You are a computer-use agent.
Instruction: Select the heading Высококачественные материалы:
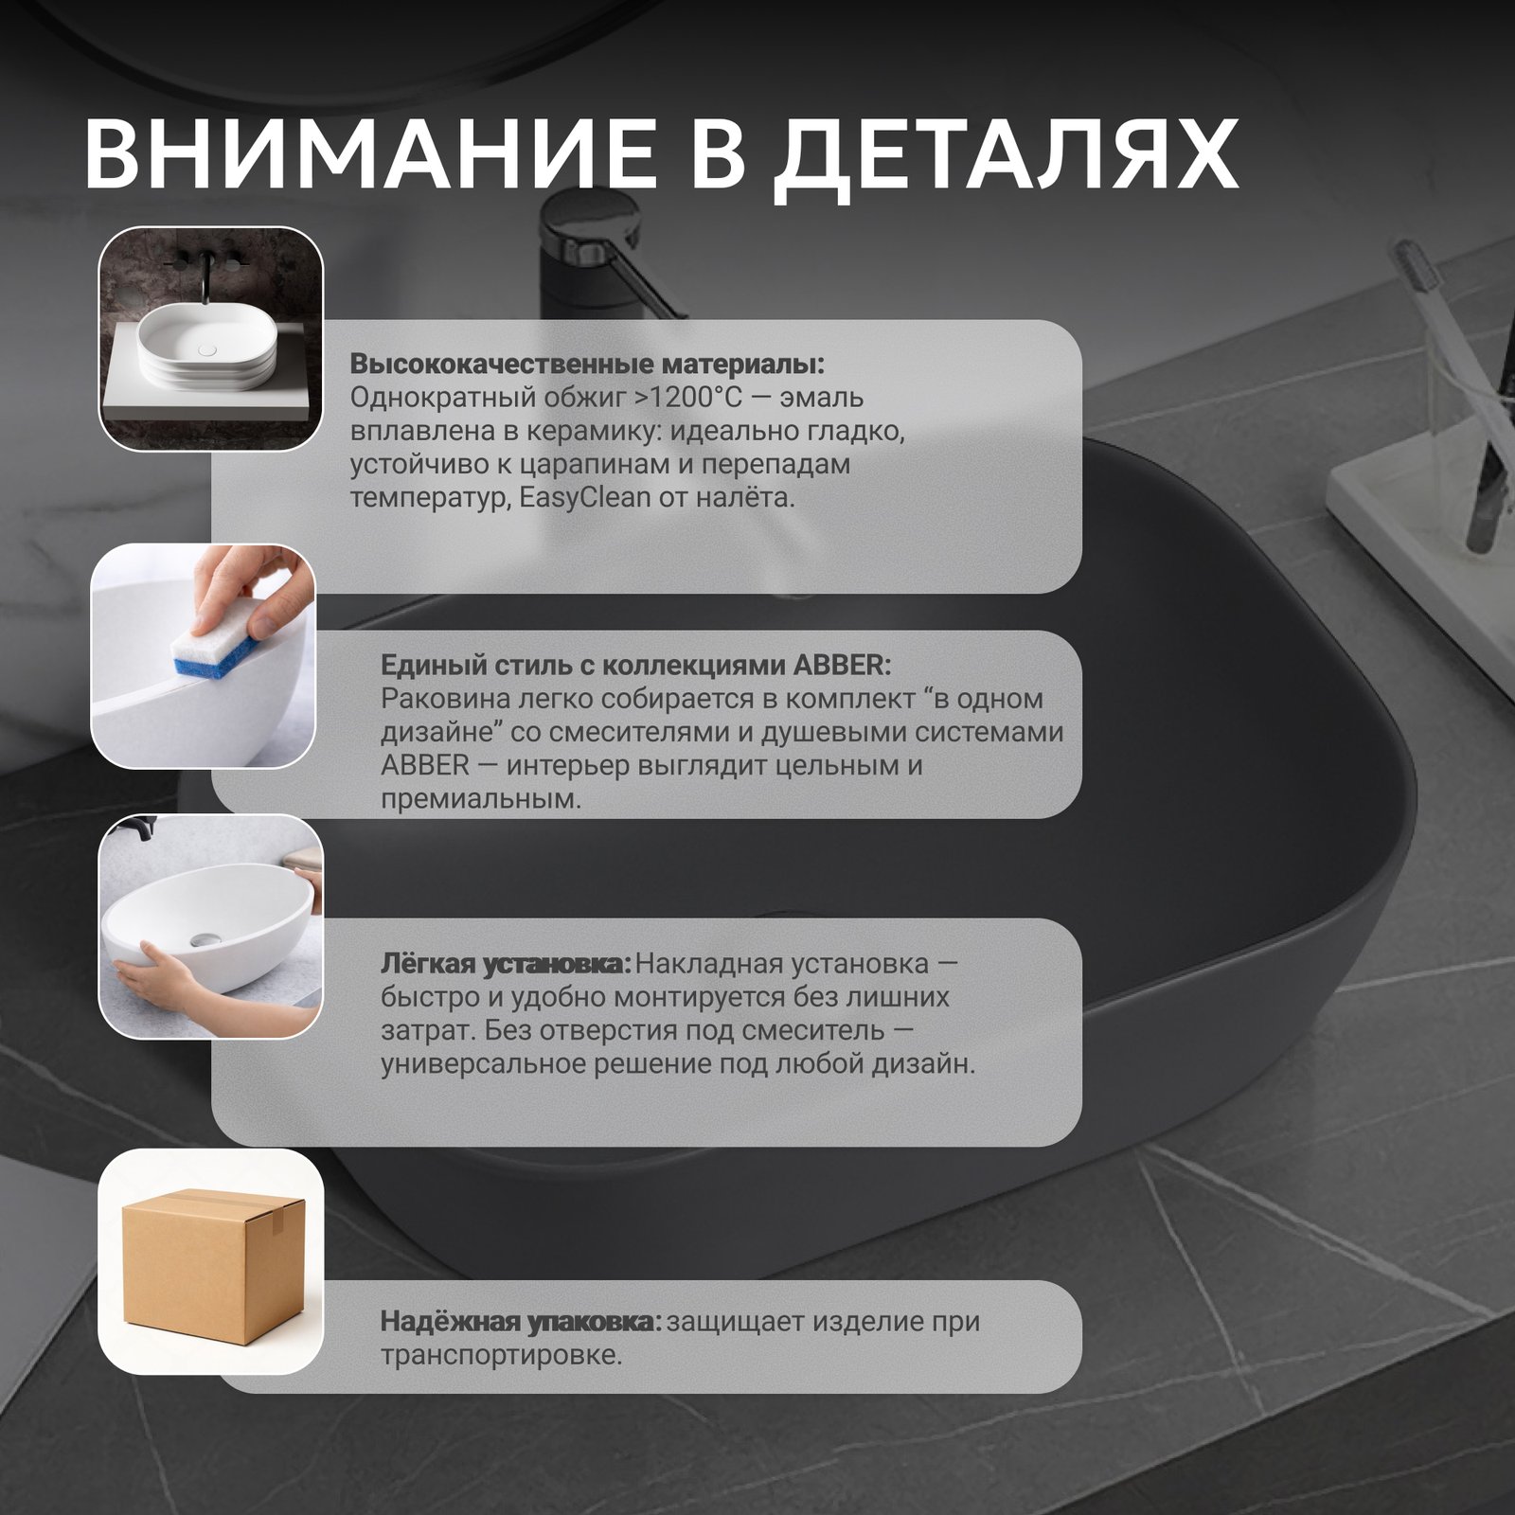pos(587,365)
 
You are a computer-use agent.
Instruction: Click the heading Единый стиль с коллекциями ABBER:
pos(635,665)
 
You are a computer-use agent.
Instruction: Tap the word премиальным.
pos(481,799)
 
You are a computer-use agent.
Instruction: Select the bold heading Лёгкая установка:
pos(506,965)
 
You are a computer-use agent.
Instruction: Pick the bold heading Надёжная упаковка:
pos(522,1322)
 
